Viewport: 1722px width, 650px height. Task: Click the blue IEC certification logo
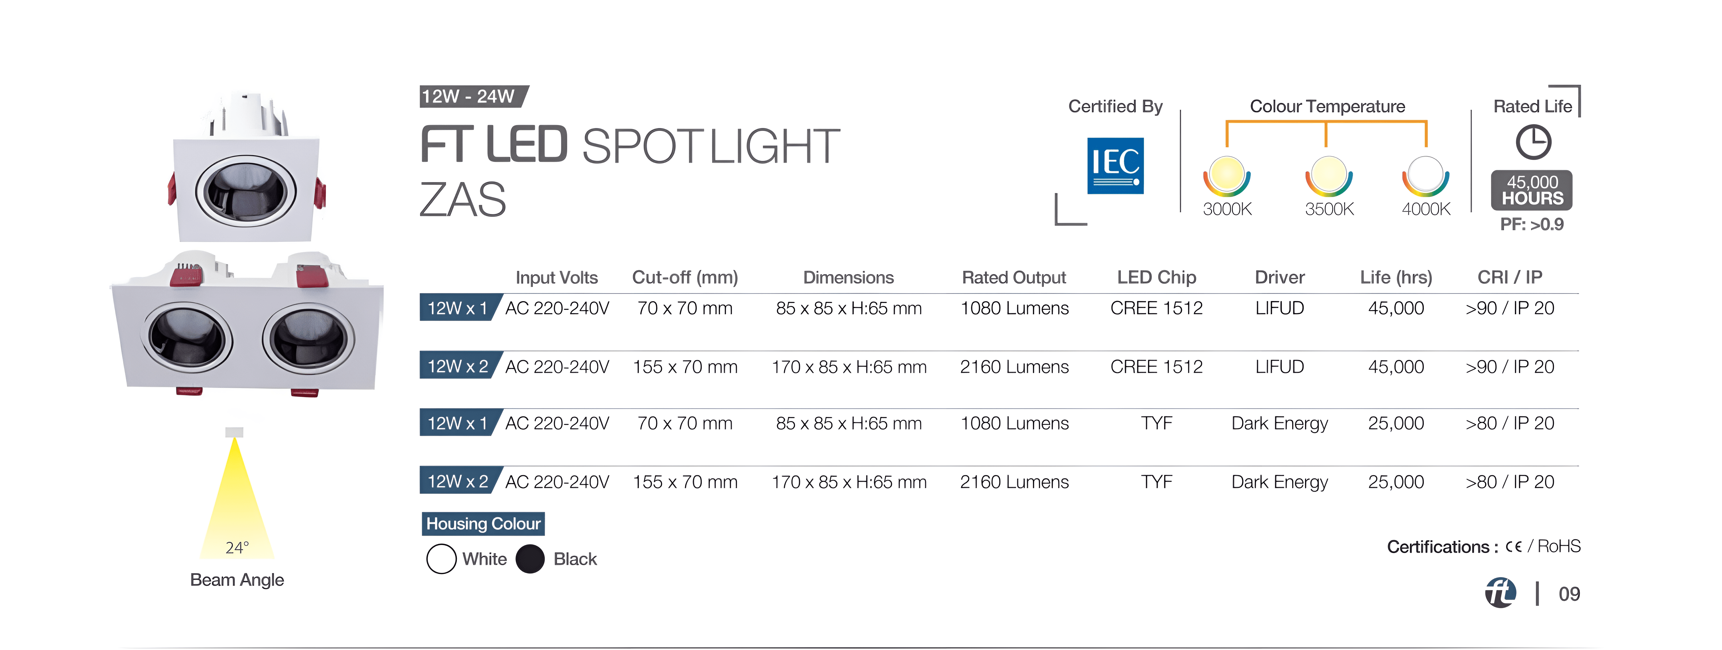(x=1115, y=166)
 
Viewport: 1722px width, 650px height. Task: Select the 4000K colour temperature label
(x=1426, y=209)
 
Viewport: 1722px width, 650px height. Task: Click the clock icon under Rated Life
(x=1533, y=143)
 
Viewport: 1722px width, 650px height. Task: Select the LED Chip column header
(x=1156, y=278)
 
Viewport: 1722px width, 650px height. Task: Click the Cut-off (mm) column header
(x=685, y=278)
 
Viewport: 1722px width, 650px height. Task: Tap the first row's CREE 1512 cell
(x=1156, y=308)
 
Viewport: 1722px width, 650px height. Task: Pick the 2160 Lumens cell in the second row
(x=1014, y=367)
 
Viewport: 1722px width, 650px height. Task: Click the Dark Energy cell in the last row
(x=1279, y=482)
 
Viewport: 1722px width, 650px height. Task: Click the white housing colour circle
(x=441, y=559)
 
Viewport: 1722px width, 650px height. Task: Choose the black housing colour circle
(x=530, y=559)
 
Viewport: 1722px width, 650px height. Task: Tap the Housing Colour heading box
(x=483, y=524)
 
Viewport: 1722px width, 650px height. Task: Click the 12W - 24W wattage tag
(x=472, y=96)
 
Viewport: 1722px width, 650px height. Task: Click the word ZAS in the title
(x=463, y=200)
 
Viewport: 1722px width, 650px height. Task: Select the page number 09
(x=1569, y=594)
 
